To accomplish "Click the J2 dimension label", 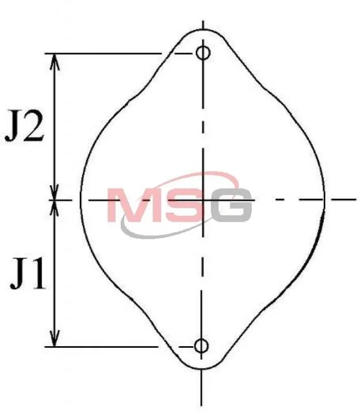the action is [24, 126].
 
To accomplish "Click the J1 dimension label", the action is [28, 274].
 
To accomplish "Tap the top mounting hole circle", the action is [203, 52].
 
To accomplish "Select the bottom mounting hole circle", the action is [201, 346].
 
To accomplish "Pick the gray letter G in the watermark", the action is [232, 205].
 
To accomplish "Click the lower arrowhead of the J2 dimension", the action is [55, 191].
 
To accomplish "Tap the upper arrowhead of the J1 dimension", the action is [55, 209].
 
